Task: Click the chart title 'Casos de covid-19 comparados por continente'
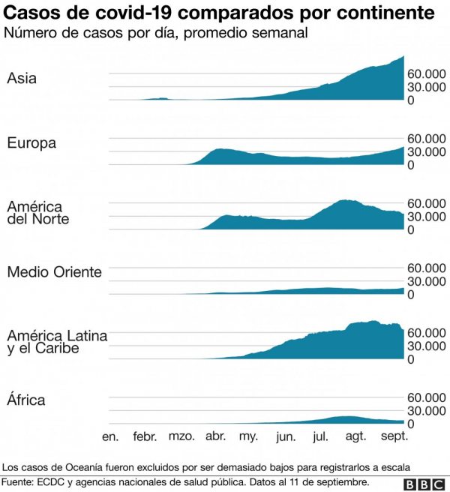click(x=221, y=13)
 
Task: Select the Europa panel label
click(x=31, y=142)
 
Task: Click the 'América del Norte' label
click(x=38, y=212)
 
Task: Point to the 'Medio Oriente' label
click(x=54, y=271)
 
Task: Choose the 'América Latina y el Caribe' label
click(x=57, y=342)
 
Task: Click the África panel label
click(x=26, y=400)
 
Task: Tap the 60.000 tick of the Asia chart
click(x=426, y=74)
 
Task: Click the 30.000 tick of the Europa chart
click(x=426, y=151)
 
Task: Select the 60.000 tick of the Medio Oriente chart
click(x=426, y=268)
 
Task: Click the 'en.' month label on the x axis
click(x=110, y=437)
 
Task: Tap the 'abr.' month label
click(x=216, y=437)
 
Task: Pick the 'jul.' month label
click(x=320, y=437)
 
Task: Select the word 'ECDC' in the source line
click(x=52, y=481)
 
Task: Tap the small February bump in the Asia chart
click(x=159, y=98)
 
